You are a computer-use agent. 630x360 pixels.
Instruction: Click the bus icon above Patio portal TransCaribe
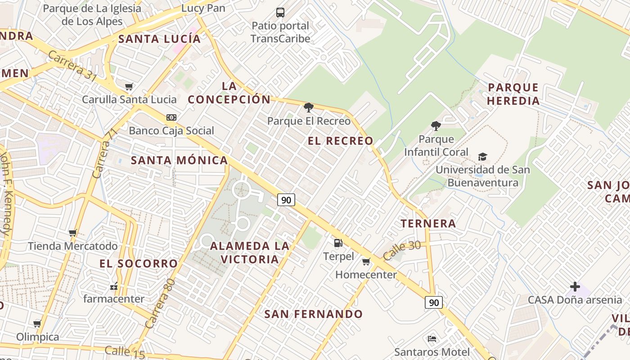click(280, 12)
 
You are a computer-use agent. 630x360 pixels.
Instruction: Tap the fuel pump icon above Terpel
click(338, 243)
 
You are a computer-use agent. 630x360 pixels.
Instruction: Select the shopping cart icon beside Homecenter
click(366, 261)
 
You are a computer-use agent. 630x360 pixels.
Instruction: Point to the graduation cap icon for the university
click(482, 157)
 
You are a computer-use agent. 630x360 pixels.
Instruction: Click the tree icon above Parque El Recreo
click(308, 107)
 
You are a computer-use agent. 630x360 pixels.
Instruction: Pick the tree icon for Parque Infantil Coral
click(435, 126)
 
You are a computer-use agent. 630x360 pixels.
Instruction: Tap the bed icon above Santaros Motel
click(432, 338)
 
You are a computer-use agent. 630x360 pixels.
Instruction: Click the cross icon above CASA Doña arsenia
click(575, 286)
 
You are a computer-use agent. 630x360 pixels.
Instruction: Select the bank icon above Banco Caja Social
click(171, 117)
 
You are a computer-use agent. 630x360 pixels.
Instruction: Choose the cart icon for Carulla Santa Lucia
click(129, 86)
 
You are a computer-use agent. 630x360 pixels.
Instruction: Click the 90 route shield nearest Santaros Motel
click(434, 302)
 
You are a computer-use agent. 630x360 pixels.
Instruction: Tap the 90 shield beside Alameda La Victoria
click(286, 199)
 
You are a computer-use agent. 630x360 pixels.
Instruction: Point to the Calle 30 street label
click(402, 250)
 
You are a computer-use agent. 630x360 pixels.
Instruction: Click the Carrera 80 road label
click(160, 303)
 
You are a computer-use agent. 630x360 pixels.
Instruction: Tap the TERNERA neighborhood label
click(428, 223)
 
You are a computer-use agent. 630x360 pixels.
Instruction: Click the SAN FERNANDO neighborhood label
click(313, 314)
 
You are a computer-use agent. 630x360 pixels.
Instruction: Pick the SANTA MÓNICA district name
click(179, 160)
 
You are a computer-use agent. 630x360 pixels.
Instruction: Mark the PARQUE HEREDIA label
click(513, 94)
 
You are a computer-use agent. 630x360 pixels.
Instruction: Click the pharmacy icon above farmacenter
click(113, 286)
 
